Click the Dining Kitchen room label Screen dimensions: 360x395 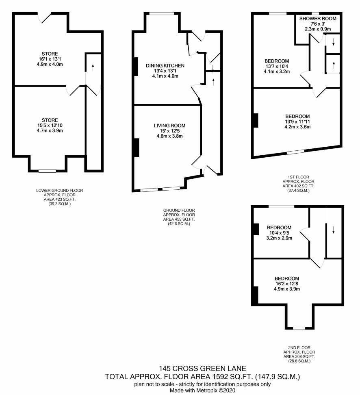coord(165,65)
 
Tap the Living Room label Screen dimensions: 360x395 coord(169,126)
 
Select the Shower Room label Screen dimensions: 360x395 coord(318,18)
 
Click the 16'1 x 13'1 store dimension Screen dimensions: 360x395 coord(50,59)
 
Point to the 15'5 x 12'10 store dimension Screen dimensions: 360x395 coord(50,125)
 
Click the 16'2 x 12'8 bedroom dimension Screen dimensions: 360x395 coord(287,284)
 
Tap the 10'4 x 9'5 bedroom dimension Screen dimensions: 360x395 coord(279,233)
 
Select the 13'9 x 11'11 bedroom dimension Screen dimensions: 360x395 coord(297,122)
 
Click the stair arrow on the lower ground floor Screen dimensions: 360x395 coord(93,67)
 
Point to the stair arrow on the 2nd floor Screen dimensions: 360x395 coord(333,230)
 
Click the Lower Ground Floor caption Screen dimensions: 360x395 coord(59,191)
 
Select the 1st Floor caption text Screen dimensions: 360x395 coord(298,177)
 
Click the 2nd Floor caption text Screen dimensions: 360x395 coord(299,347)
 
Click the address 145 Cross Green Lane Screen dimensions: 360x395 coord(202,369)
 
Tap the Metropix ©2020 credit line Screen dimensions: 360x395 coord(202,391)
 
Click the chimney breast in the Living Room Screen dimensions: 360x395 coord(136,148)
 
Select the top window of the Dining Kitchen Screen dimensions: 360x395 coord(161,13)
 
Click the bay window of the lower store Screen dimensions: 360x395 coord(48,171)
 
